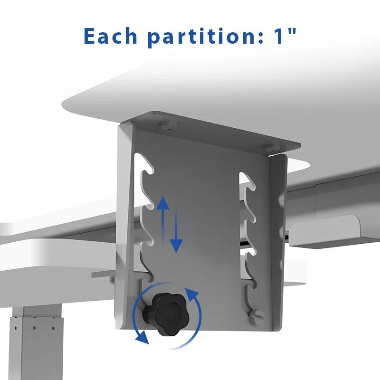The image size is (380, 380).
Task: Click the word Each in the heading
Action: click(x=110, y=36)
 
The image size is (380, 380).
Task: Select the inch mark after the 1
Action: click(x=293, y=31)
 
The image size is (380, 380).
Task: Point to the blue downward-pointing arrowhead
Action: click(x=176, y=246)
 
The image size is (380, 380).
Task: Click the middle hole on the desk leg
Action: click(x=34, y=328)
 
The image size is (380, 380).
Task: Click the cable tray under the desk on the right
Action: click(x=334, y=233)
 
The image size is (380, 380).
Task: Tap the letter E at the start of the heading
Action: click(x=89, y=36)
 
